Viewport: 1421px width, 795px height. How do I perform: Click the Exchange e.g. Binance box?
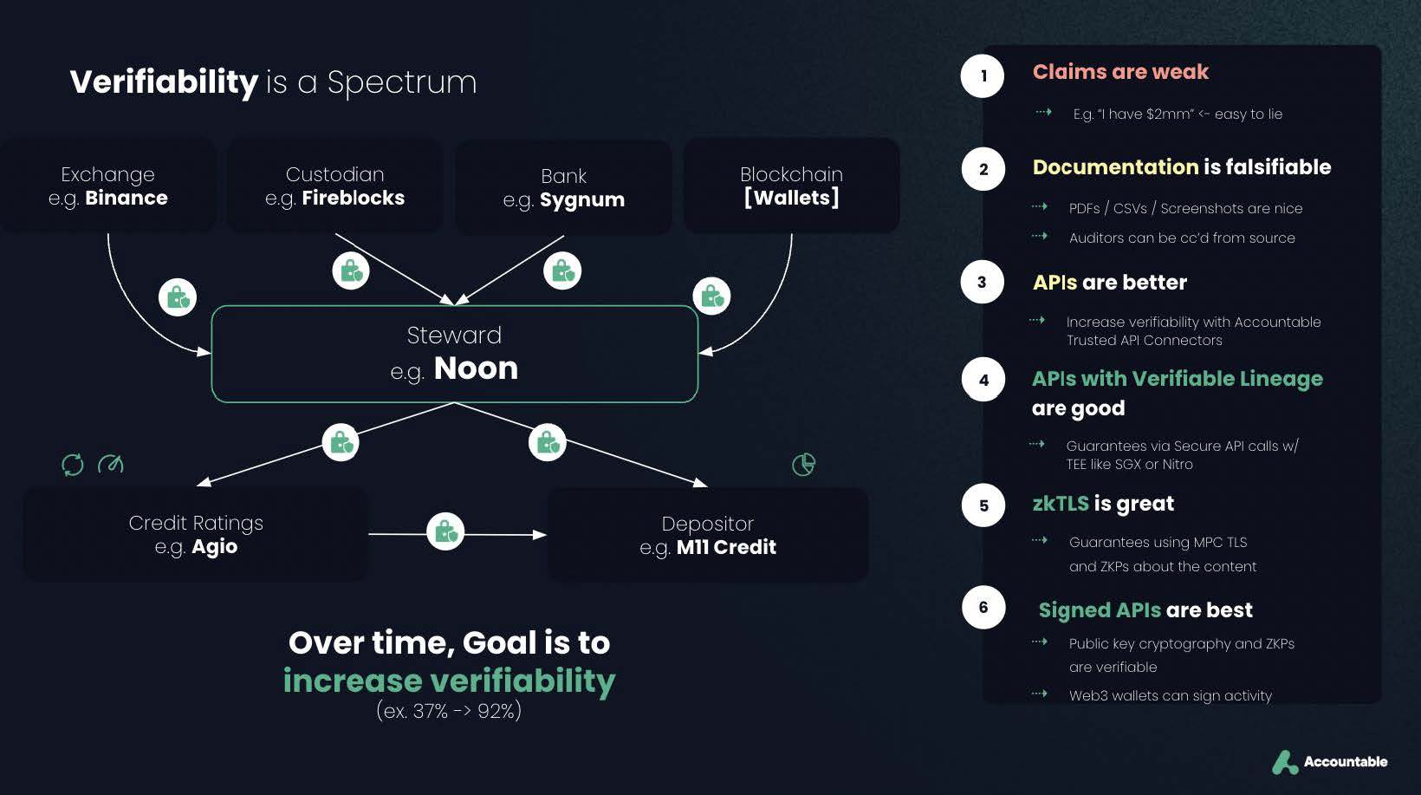click(x=108, y=186)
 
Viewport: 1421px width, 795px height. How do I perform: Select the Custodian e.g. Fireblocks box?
click(x=334, y=186)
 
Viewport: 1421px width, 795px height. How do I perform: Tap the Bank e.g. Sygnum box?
click(x=563, y=187)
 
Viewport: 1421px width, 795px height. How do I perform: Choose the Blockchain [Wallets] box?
click(x=791, y=186)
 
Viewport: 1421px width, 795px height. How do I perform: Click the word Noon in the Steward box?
click(x=476, y=368)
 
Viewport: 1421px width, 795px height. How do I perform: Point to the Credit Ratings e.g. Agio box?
click(x=196, y=534)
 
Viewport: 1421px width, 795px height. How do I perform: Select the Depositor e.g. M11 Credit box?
click(x=707, y=535)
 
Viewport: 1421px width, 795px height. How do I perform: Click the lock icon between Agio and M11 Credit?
click(x=445, y=531)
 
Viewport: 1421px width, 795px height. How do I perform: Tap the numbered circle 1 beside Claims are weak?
click(x=983, y=75)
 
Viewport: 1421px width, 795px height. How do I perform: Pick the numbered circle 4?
click(x=983, y=380)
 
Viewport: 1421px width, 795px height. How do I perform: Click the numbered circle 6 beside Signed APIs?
click(x=983, y=607)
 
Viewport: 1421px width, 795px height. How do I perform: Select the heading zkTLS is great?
click(x=1103, y=504)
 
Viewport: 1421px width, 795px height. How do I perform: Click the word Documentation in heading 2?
click(x=1115, y=167)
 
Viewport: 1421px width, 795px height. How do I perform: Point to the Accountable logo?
click(x=1329, y=761)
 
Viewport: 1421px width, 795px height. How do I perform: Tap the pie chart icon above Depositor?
click(x=803, y=464)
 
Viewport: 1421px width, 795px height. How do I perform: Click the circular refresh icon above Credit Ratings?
click(x=73, y=465)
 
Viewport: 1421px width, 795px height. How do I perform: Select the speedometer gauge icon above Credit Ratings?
click(x=111, y=464)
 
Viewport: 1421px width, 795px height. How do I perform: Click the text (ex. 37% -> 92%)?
click(x=449, y=711)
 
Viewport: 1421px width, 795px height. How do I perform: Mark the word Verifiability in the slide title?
click(x=164, y=81)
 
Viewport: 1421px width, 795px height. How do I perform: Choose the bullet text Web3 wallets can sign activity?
click(x=1170, y=695)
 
